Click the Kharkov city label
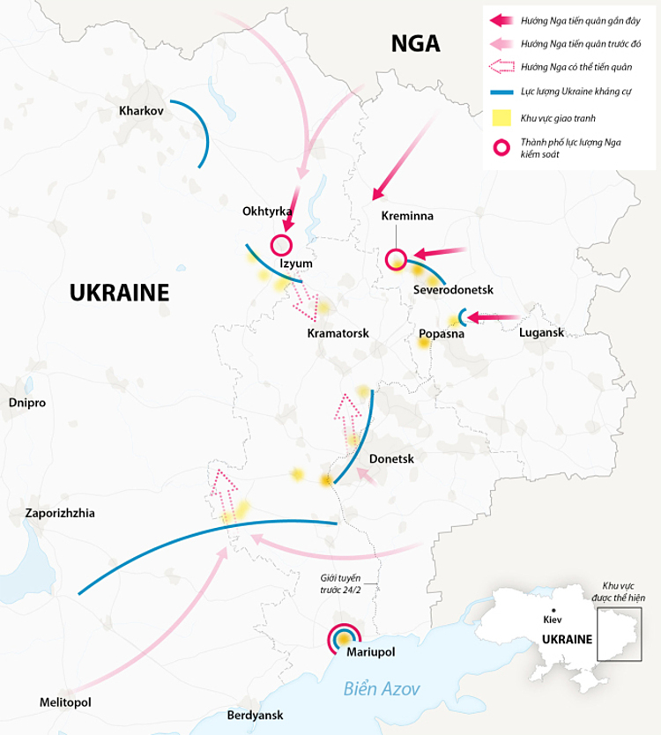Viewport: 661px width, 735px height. point(142,111)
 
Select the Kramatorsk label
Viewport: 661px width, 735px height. point(338,333)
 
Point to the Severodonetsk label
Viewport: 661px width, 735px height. point(452,290)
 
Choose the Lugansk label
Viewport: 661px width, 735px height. point(541,332)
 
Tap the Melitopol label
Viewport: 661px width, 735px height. point(65,702)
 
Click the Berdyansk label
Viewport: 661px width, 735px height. point(256,715)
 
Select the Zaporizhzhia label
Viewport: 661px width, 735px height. point(60,512)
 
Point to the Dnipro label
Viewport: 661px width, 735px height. point(26,402)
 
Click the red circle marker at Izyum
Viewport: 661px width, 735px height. point(281,245)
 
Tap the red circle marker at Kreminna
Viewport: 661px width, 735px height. point(396,259)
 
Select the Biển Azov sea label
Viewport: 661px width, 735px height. point(382,688)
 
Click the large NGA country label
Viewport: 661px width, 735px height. point(415,44)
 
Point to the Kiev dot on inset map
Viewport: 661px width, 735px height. point(553,610)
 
